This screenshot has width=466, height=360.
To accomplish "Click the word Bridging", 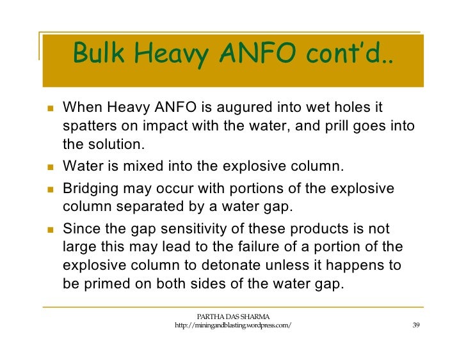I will (x=91, y=191).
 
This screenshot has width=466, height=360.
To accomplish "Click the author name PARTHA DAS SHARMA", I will (x=233, y=316).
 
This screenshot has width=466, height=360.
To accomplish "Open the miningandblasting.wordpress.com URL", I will (x=233, y=326).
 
